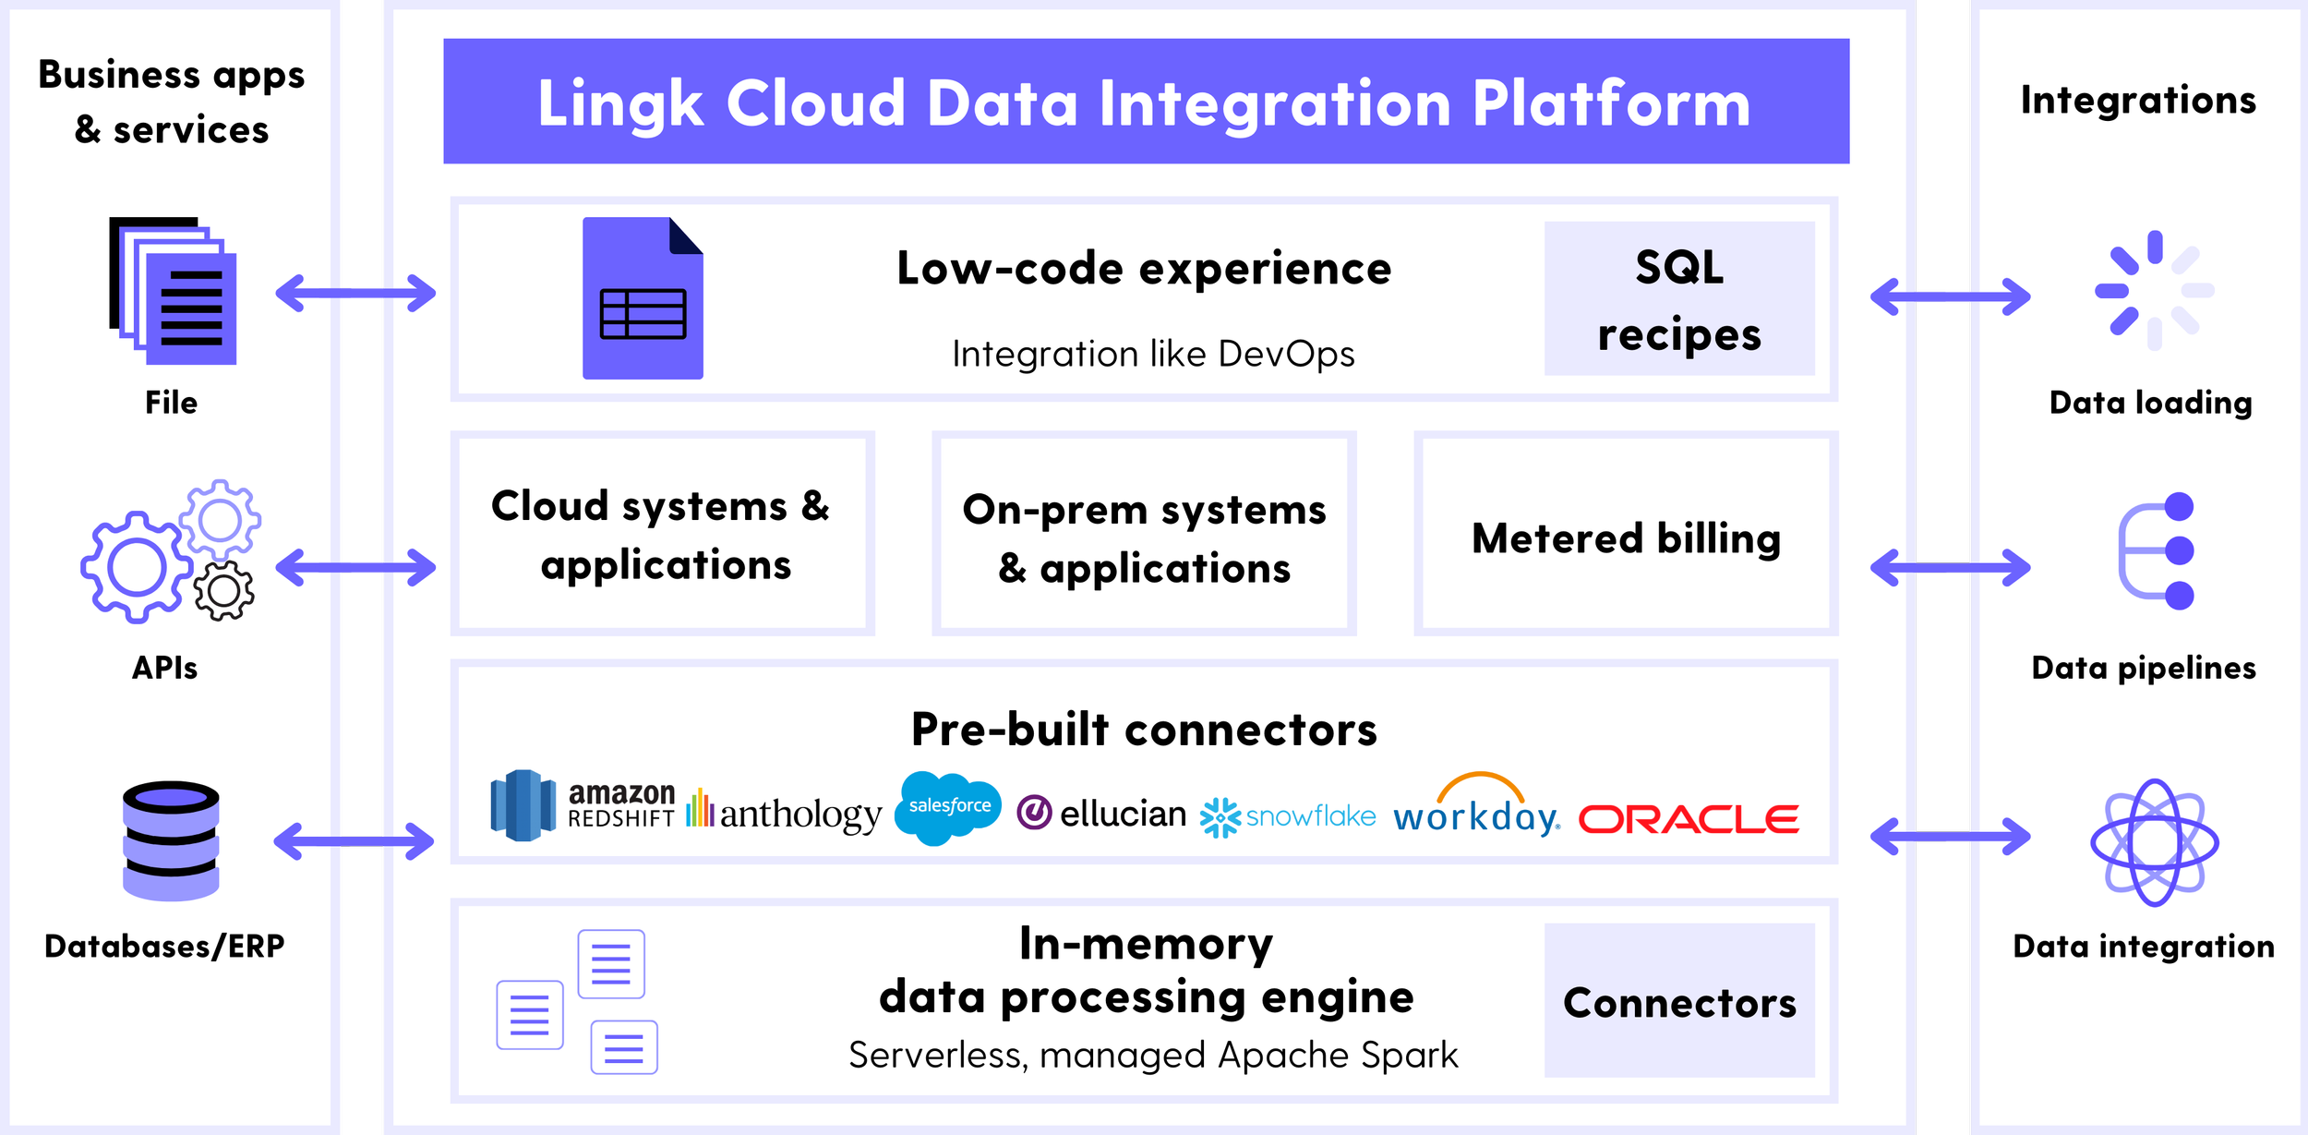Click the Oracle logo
pos(1689,818)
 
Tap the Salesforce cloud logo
pos(948,807)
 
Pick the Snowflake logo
pos(1287,816)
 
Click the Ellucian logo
pos(1100,813)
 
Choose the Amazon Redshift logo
pos(583,805)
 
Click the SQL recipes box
pos(1678,299)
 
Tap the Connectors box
pos(1678,1001)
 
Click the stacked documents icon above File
pos(174,291)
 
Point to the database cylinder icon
pos(171,839)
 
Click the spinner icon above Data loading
pos(2153,290)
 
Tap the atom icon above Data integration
pos(2153,841)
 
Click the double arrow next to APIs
pos(355,567)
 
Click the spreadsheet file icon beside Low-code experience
pos(643,298)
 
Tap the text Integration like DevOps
pos(1152,354)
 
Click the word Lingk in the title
pos(619,103)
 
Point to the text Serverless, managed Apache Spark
pos(1152,1055)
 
